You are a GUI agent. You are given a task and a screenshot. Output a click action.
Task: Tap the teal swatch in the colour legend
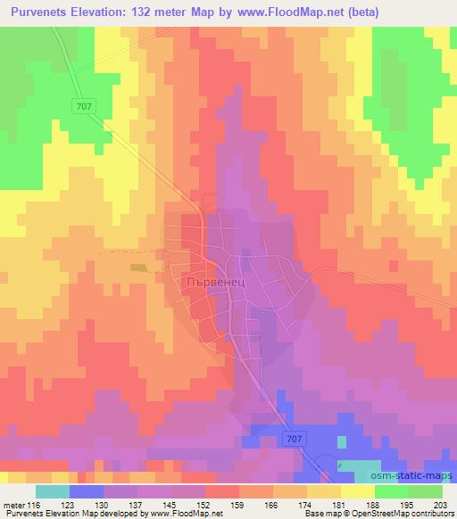53,491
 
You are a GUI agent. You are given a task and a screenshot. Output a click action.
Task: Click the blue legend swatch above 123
86,491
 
